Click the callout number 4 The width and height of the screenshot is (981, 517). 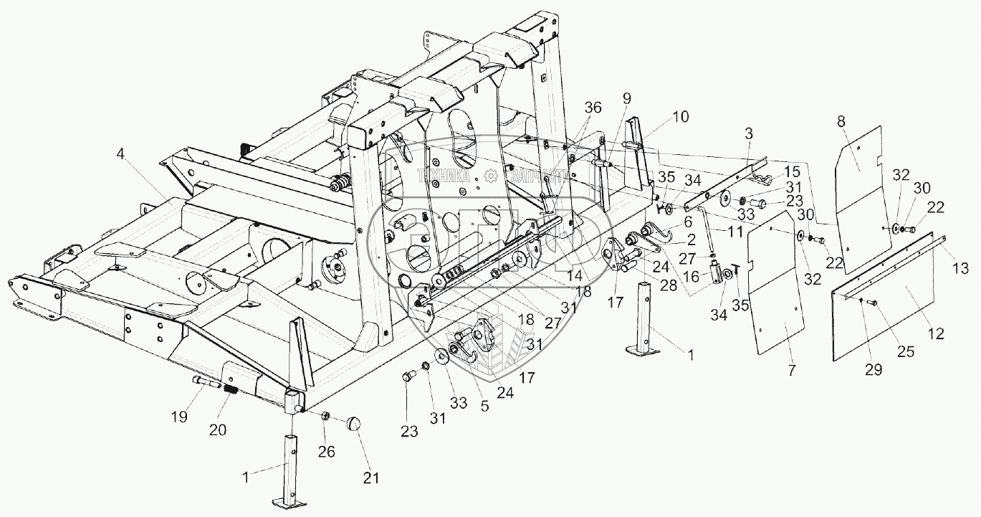[x=120, y=153]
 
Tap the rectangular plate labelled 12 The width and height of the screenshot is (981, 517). [x=896, y=301]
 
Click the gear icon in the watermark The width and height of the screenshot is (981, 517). [x=489, y=175]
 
